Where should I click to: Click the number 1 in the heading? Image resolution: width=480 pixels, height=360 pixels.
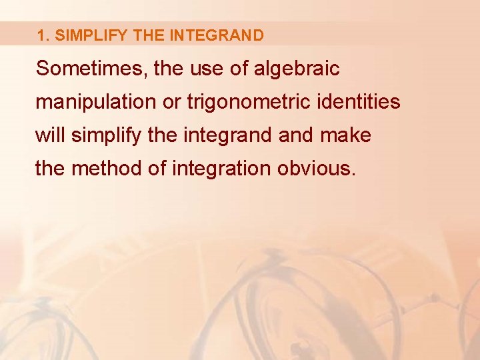click(x=41, y=35)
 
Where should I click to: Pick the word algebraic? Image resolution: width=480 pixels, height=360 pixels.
click(x=297, y=69)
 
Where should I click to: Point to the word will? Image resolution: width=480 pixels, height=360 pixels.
click(x=51, y=135)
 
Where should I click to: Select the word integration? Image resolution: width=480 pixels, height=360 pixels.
click(x=220, y=169)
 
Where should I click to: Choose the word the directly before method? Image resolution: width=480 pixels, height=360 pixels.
click(x=51, y=169)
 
